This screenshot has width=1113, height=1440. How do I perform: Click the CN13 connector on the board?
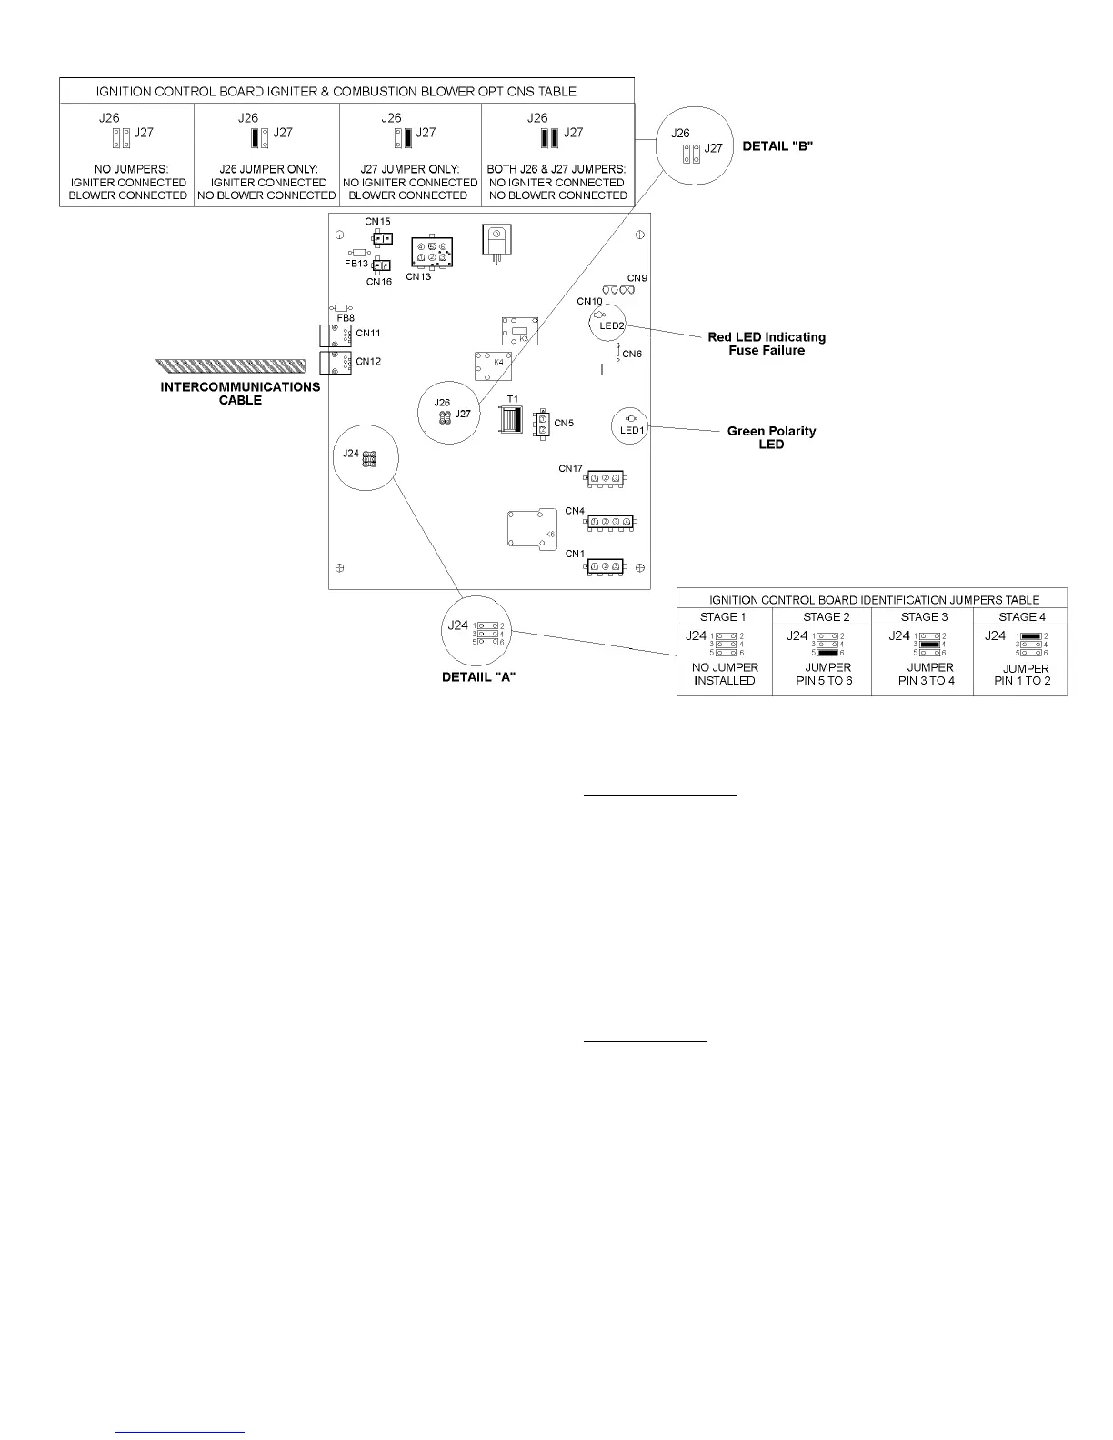431,251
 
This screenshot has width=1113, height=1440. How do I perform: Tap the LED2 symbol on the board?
611,325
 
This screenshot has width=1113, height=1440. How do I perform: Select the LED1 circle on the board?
631,425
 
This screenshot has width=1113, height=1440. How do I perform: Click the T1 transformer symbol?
511,419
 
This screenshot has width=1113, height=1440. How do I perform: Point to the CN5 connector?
542,425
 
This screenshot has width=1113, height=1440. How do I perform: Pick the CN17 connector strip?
606,478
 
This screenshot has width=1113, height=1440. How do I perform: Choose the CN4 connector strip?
611,522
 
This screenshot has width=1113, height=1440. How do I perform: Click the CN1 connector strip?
606,566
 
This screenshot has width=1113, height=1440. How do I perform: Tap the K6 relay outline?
531,528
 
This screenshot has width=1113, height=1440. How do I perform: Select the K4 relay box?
490,365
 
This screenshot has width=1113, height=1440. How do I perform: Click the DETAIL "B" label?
777,145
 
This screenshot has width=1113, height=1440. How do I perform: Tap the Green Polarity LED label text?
771,437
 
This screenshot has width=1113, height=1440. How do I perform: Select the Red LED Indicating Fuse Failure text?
767,344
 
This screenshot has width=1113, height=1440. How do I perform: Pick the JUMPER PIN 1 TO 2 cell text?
1022,675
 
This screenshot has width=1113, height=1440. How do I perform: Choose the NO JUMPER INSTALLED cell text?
725,674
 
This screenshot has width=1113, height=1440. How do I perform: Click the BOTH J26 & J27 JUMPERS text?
557,169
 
